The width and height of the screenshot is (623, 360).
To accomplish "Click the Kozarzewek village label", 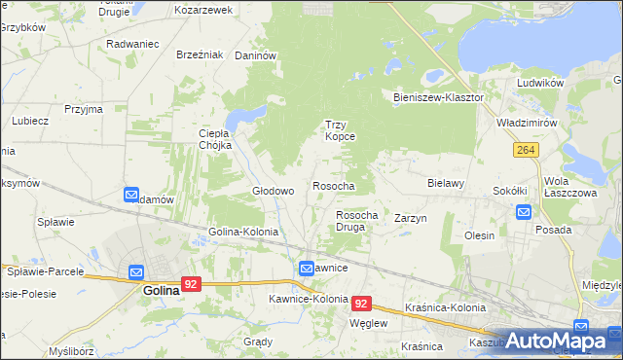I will [x=203, y=10].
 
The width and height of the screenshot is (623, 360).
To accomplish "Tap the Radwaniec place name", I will [x=132, y=44].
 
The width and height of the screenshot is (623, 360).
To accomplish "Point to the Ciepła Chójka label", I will [x=214, y=139].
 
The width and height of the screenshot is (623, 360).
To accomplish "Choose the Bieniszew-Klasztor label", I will [x=438, y=98].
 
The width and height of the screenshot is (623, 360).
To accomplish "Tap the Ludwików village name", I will [x=541, y=83].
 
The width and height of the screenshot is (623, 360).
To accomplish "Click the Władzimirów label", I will [x=526, y=124].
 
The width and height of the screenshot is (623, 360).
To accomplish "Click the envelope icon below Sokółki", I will [x=524, y=212].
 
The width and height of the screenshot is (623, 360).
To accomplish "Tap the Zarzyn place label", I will [x=411, y=219].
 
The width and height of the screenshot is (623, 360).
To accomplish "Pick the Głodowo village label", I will [x=274, y=191].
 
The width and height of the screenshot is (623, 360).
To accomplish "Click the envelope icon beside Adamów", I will [x=132, y=196].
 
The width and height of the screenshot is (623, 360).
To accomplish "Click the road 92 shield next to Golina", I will [x=192, y=285].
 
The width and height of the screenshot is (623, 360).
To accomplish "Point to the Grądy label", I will [x=257, y=342].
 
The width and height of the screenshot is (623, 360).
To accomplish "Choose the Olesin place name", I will [x=479, y=235].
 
